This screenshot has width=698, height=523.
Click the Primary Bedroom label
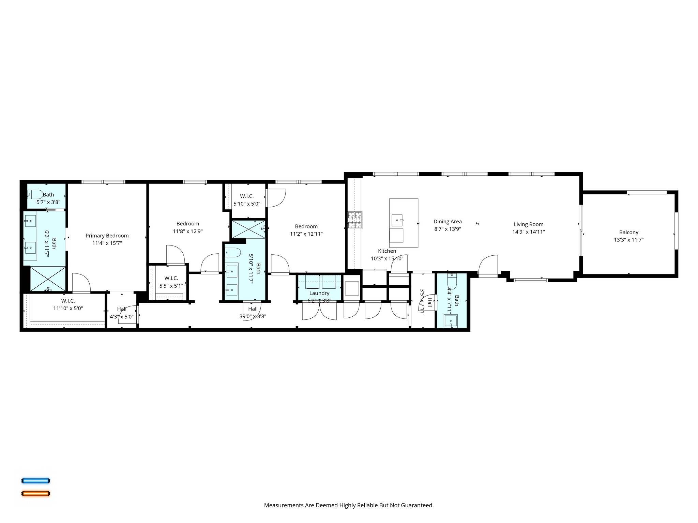(x=107, y=236)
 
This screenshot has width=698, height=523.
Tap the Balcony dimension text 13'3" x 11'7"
(x=628, y=240)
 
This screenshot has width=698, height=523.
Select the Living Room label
(x=528, y=224)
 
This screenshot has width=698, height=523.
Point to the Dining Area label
(x=447, y=222)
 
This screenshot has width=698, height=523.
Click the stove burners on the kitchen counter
(x=355, y=220)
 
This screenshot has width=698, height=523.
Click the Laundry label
(x=319, y=293)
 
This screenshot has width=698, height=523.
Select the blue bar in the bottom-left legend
(x=36, y=481)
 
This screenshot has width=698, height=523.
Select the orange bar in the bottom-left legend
(x=36, y=493)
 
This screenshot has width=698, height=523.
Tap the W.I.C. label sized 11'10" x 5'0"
(x=68, y=301)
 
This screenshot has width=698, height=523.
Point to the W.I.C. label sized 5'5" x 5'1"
(x=171, y=279)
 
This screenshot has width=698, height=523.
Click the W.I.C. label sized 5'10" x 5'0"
(x=247, y=196)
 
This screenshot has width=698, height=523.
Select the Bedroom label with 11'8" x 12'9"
(x=187, y=224)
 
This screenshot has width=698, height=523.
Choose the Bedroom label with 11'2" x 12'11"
(x=306, y=226)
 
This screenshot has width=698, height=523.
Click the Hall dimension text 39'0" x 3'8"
(x=253, y=316)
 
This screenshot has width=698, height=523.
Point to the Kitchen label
(x=387, y=251)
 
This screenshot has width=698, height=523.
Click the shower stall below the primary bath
(x=48, y=279)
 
